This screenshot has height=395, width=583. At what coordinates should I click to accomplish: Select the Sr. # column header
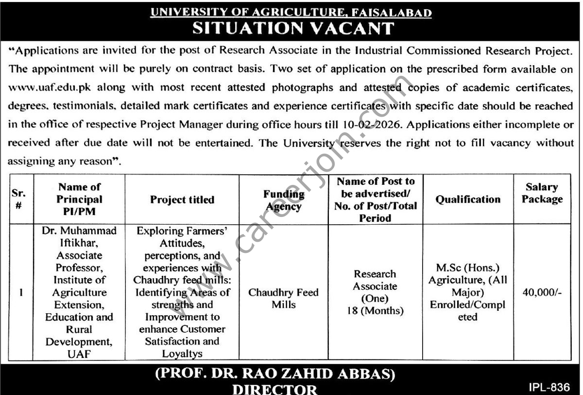[17, 199]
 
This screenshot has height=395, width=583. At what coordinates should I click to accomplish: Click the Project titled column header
[182, 199]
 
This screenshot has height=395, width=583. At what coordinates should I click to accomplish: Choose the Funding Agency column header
[284, 200]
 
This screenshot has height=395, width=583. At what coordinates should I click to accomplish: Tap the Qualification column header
[468, 199]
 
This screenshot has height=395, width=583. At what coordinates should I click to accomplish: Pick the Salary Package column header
[542, 193]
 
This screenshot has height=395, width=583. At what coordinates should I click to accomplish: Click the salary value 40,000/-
[542, 293]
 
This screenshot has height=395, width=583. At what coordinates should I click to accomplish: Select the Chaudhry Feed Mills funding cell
[284, 299]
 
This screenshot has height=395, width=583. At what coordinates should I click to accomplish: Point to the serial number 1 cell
[17, 293]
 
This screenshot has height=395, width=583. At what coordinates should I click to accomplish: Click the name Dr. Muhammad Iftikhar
[79, 236]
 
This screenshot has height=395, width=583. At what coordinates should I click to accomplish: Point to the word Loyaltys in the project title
[182, 354]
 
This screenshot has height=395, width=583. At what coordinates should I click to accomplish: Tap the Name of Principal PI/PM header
[79, 199]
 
